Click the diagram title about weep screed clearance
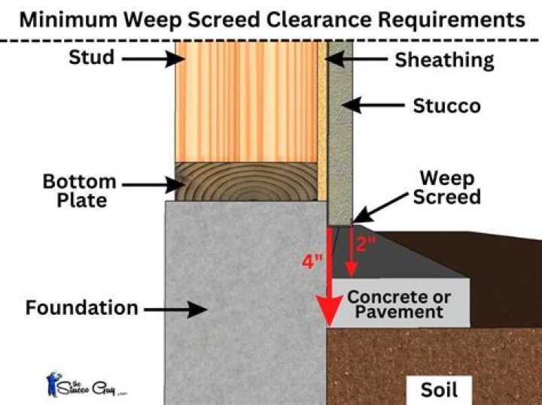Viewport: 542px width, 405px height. point(271,19)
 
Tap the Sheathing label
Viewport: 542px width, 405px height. point(444,59)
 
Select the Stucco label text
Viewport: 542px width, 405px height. point(446,106)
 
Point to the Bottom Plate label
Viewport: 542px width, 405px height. point(79,192)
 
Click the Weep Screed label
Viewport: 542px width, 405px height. point(450,188)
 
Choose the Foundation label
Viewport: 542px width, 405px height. point(81,307)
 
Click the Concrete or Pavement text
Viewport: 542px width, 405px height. point(399,304)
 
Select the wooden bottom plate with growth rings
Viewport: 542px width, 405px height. point(245,183)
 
